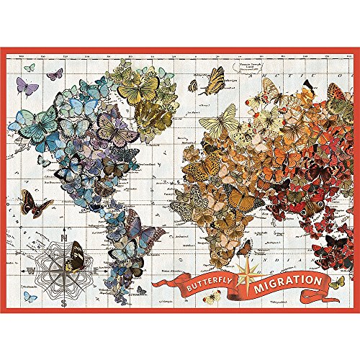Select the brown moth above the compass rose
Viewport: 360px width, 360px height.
(35, 204)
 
